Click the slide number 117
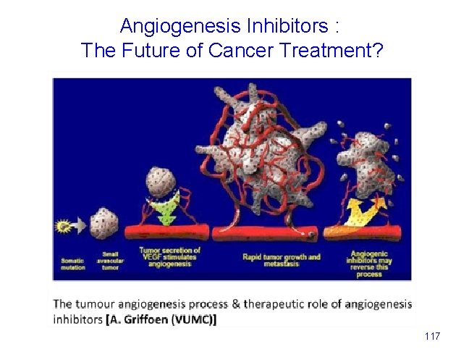[x=432, y=336]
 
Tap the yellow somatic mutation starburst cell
[x=64, y=227]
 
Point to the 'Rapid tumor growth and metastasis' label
[x=272, y=260]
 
